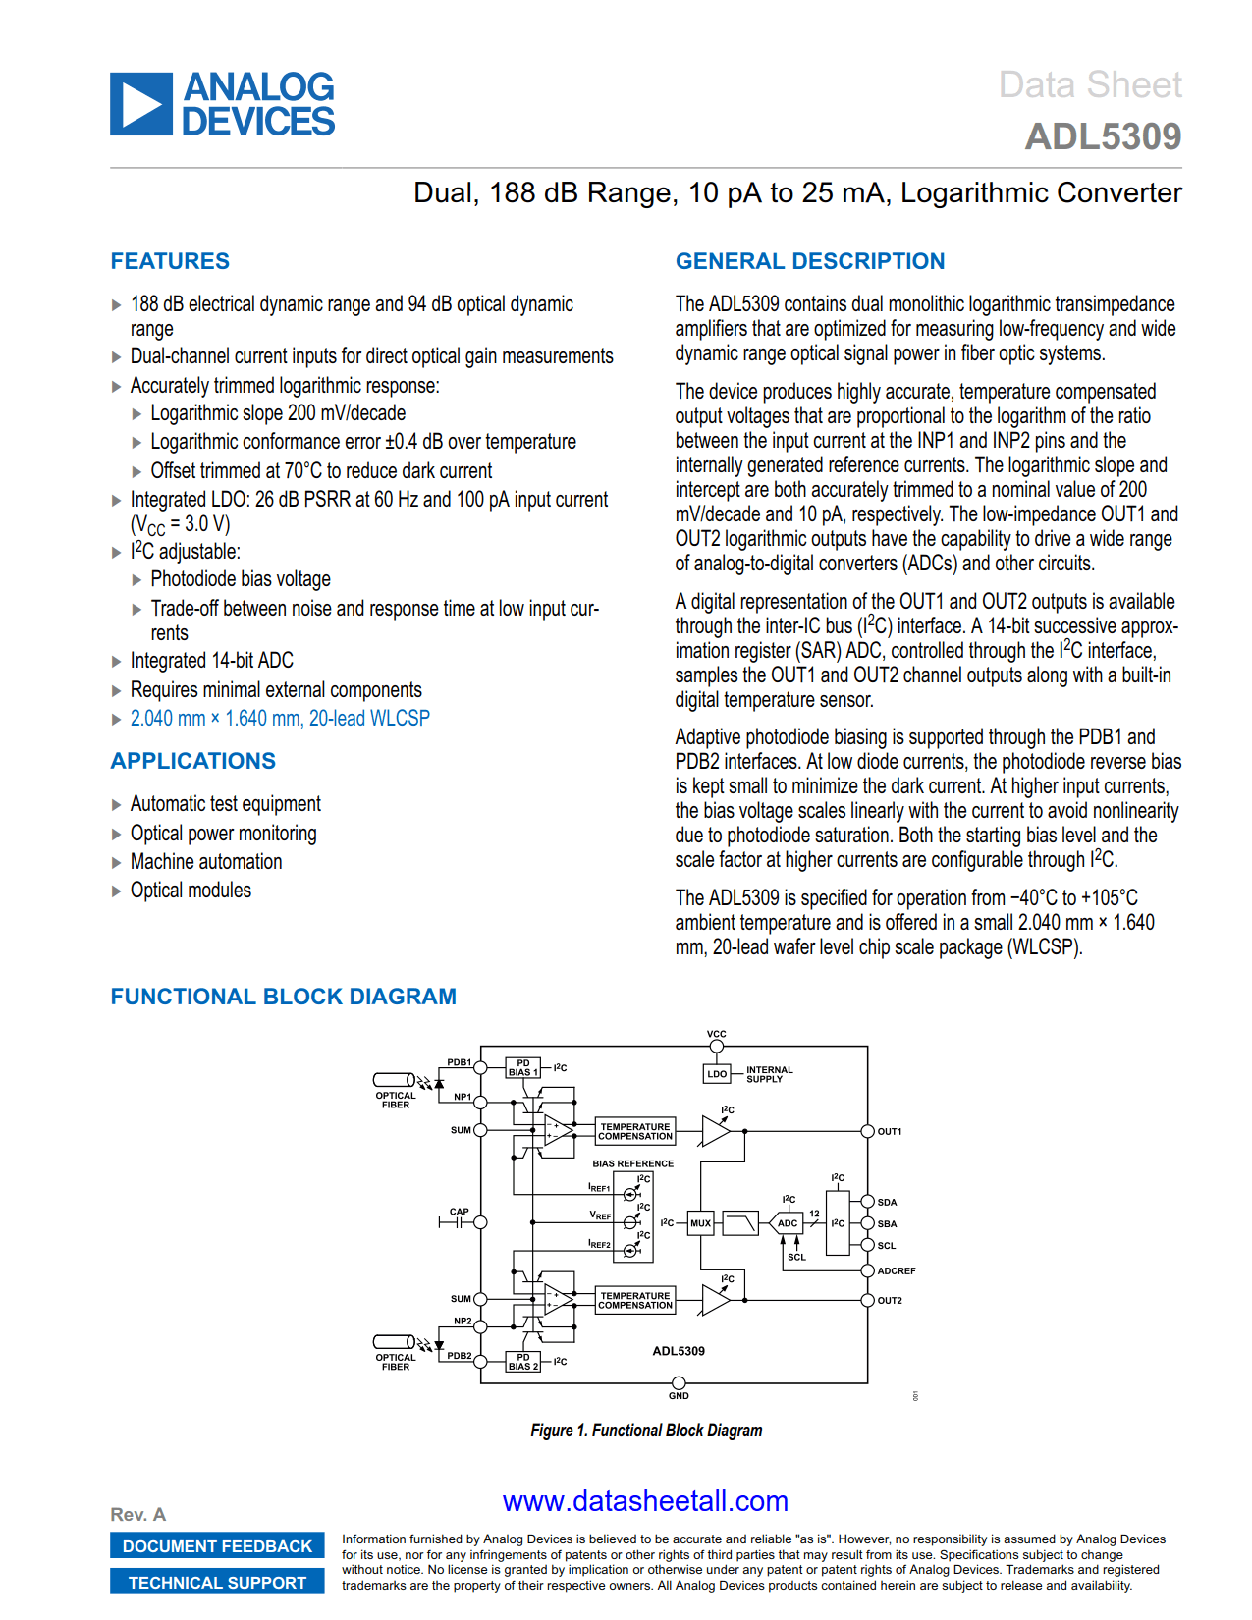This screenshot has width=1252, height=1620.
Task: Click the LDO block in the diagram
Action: [x=717, y=1074]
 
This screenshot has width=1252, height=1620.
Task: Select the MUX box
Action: [x=700, y=1223]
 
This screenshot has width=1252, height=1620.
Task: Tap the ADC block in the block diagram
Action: [x=788, y=1223]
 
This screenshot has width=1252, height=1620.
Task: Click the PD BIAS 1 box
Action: [x=523, y=1068]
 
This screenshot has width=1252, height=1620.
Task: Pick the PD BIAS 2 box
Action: [x=523, y=1362]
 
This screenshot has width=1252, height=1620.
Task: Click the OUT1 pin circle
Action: [x=867, y=1131]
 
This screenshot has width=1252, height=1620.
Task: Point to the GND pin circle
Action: [x=679, y=1383]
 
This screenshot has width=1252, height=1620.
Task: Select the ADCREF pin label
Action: [x=896, y=1271]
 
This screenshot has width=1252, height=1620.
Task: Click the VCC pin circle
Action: [x=717, y=1046]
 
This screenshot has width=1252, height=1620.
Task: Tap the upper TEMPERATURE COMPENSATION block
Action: [x=635, y=1131]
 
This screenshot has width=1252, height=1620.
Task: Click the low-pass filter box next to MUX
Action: [x=741, y=1223]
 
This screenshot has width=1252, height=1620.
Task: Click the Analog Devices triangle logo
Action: [x=141, y=104]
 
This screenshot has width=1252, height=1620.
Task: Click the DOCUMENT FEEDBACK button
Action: [x=217, y=1546]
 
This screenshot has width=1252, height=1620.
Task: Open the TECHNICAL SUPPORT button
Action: [x=217, y=1583]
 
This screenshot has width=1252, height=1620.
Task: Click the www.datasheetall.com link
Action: [x=645, y=1501]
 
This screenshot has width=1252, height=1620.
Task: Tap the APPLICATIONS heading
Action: [x=193, y=761]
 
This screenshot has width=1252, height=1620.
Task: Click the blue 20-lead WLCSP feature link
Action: [x=280, y=719]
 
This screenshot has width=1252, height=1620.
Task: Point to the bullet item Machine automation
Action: [x=206, y=862]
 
